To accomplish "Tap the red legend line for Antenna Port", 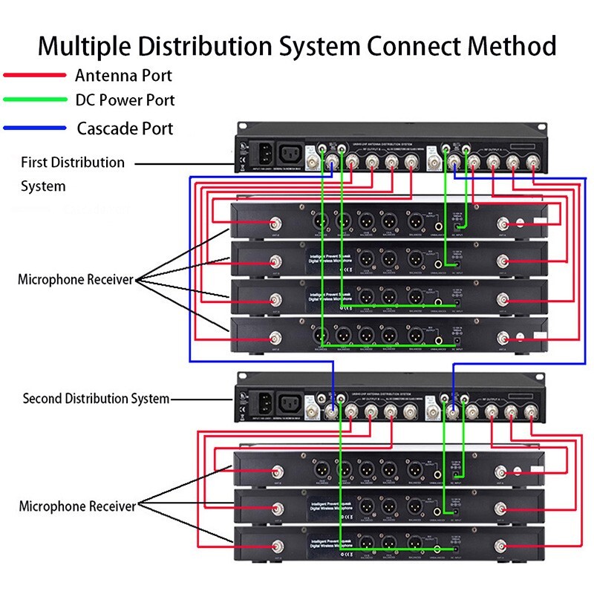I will click(x=35, y=76).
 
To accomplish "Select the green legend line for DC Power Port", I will click(x=35, y=99).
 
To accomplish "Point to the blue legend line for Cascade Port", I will click(x=35, y=128).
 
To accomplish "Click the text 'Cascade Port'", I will click(x=125, y=128).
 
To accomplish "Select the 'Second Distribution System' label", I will click(x=96, y=399).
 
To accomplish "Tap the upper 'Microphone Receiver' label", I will click(x=75, y=280).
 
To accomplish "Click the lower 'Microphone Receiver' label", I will click(x=77, y=506).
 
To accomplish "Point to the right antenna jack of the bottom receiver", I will click(x=504, y=550).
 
